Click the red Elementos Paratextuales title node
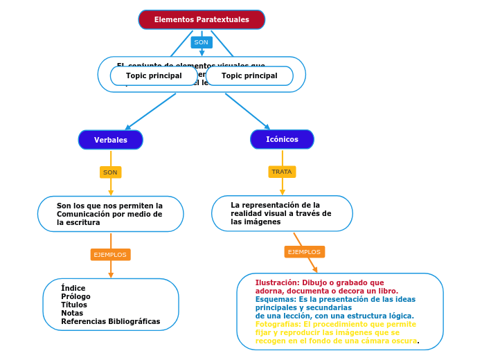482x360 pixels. coord(202,20)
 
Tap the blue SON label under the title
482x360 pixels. coord(202,42)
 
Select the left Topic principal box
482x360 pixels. coord(154,75)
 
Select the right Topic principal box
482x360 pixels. coord(249,75)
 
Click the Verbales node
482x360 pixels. coord(111,140)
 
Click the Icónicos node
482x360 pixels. coord(282,139)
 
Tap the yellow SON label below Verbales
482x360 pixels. coord(110,172)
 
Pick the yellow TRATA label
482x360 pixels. coord(282,172)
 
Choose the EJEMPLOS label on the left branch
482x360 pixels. coord(110,255)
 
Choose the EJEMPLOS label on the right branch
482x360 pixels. coord(304,252)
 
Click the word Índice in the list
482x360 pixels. coord(73,288)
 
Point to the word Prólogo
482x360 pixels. coord(75,296)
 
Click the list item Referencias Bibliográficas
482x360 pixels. coord(110,321)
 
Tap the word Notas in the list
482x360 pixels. coord(72,313)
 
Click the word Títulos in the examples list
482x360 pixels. coord(74,305)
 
